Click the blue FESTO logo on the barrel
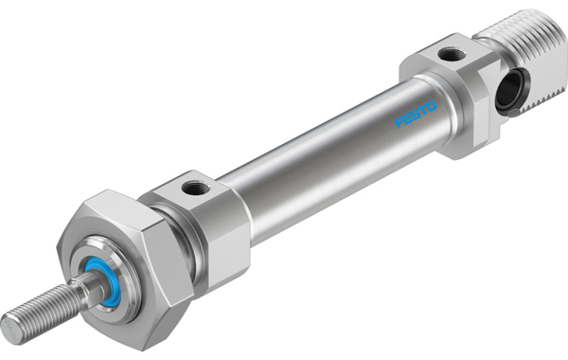(416, 115)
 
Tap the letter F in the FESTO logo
(399, 122)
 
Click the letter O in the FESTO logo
(432, 107)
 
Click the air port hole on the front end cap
(196, 188)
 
